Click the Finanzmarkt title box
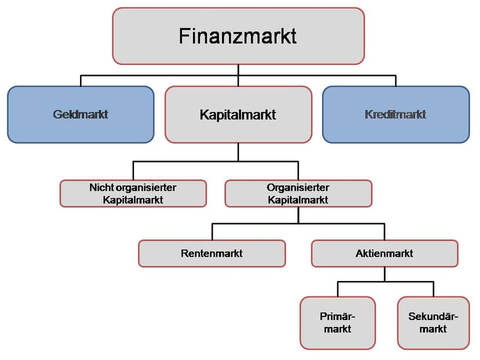pos(238,36)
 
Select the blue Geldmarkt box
pos(81,114)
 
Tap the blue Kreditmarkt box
pos(396,114)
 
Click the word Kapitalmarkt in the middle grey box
pos(238,115)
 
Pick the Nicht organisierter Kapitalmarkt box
pos(133,194)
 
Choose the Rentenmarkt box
pos(212,253)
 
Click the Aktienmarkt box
pos(384,253)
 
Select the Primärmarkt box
pos(337,323)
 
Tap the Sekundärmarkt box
pos(434,323)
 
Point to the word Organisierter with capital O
pos(298,187)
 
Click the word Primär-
pos(337,316)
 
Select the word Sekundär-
pos(433,316)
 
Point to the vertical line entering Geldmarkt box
pos(81,81)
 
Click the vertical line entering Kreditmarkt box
pos(396,81)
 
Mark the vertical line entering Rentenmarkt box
pos(212,232)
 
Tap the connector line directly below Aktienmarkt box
pos(385,274)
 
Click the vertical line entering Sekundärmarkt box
pos(434,289)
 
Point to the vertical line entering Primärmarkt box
pos(337,289)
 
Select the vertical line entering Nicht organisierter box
pos(133,171)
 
